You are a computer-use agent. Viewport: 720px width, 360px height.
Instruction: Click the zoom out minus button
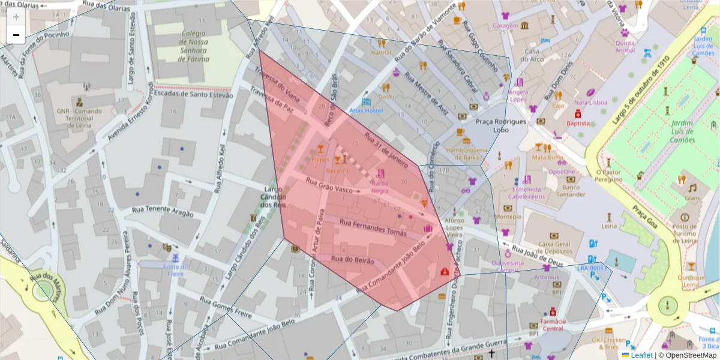coord(16,35)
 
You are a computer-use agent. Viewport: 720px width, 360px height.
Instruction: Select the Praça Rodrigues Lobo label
coord(500,125)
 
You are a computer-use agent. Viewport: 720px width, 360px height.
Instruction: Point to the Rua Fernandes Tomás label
coord(373,226)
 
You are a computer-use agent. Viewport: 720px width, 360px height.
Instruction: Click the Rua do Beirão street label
coord(352,260)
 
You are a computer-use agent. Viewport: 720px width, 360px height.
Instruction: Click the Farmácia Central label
coord(553,325)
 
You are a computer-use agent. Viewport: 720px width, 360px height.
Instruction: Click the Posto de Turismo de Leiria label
coord(685,233)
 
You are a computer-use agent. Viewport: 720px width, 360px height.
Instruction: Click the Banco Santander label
coord(571,191)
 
